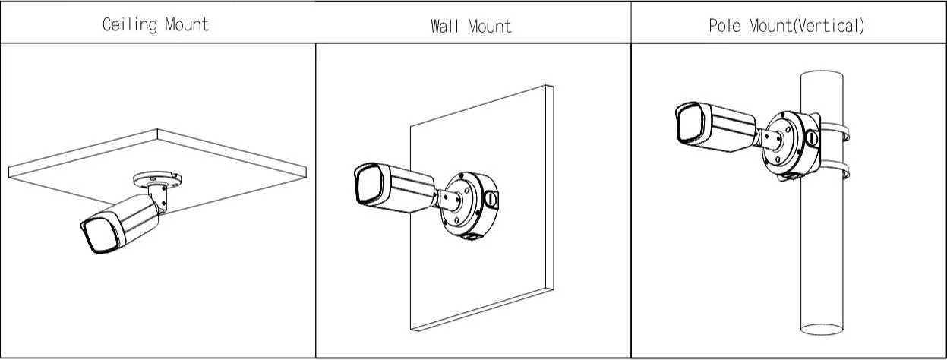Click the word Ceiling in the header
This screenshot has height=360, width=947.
click(x=130, y=24)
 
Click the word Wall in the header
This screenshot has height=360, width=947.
click(x=445, y=27)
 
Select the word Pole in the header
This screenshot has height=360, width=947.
click(x=724, y=26)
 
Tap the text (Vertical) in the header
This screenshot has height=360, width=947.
click(x=829, y=27)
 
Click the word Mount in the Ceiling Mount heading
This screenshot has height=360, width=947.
click(x=187, y=24)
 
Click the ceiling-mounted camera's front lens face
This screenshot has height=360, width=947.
click(x=101, y=235)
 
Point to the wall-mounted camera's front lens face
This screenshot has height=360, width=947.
click(x=370, y=184)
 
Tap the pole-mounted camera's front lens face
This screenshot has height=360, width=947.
click(x=690, y=123)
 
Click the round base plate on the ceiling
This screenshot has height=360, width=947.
click(x=157, y=179)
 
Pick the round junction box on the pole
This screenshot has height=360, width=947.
click(x=791, y=144)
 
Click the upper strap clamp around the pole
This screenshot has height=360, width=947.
click(x=835, y=131)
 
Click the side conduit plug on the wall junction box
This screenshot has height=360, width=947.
click(x=491, y=199)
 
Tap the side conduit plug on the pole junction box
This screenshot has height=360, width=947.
click(x=812, y=138)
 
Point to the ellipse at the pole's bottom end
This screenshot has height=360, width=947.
click(x=822, y=330)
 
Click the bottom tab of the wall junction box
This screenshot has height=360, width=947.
click(x=469, y=236)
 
